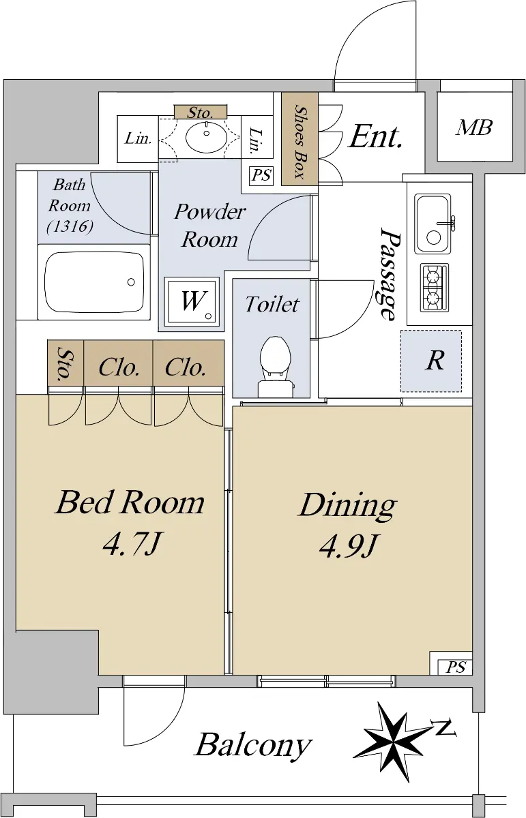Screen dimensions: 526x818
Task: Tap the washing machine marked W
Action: pos(192,301)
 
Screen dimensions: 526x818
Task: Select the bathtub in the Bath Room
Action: pos(94,282)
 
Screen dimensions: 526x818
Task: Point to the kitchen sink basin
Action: pos(433,224)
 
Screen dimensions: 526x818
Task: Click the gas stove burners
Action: pos(435,288)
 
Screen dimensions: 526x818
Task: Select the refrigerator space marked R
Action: pos(431,361)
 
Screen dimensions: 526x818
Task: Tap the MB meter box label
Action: pos(473,127)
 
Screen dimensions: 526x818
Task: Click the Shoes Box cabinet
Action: pos(299,138)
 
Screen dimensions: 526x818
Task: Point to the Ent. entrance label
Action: pos(376,137)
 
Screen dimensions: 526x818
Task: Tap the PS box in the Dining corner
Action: pos(456,667)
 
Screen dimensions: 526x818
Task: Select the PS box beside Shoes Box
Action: pos(262,176)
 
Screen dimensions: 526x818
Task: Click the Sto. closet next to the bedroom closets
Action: pos(65,363)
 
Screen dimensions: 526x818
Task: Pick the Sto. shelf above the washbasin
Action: pos(201,112)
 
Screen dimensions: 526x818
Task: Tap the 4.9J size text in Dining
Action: pos(348,547)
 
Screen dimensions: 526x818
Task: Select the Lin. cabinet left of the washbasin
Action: pos(137,139)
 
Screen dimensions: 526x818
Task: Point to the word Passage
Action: pos(389,274)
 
